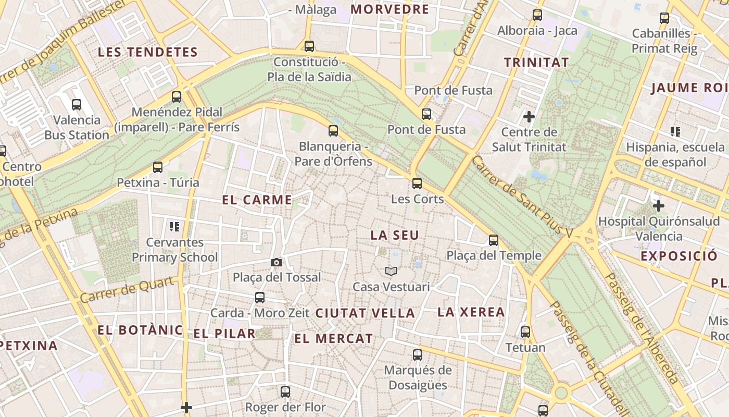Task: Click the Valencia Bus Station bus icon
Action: point(77,105)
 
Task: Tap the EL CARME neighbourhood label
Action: point(257,200)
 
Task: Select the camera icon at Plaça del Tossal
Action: point(276,262)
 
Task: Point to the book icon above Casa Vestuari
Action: point(391,271)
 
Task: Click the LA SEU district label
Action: point(395,235)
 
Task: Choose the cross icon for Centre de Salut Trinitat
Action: point(529,116)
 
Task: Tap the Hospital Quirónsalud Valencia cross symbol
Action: point(659,206)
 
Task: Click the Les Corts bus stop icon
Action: point(417,183)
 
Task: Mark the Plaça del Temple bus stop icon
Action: point(494,240)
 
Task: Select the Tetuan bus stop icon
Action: point(525,332)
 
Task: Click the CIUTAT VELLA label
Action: point(365,313)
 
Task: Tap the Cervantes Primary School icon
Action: point(174,227)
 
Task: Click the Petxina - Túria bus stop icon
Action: point(158,167)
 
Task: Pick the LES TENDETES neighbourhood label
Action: point(148,52)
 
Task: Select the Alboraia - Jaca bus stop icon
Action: point(537,15)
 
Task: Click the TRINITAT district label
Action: point(536,63)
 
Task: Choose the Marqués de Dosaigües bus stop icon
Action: point(417,355)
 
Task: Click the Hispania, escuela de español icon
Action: point(675,132)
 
